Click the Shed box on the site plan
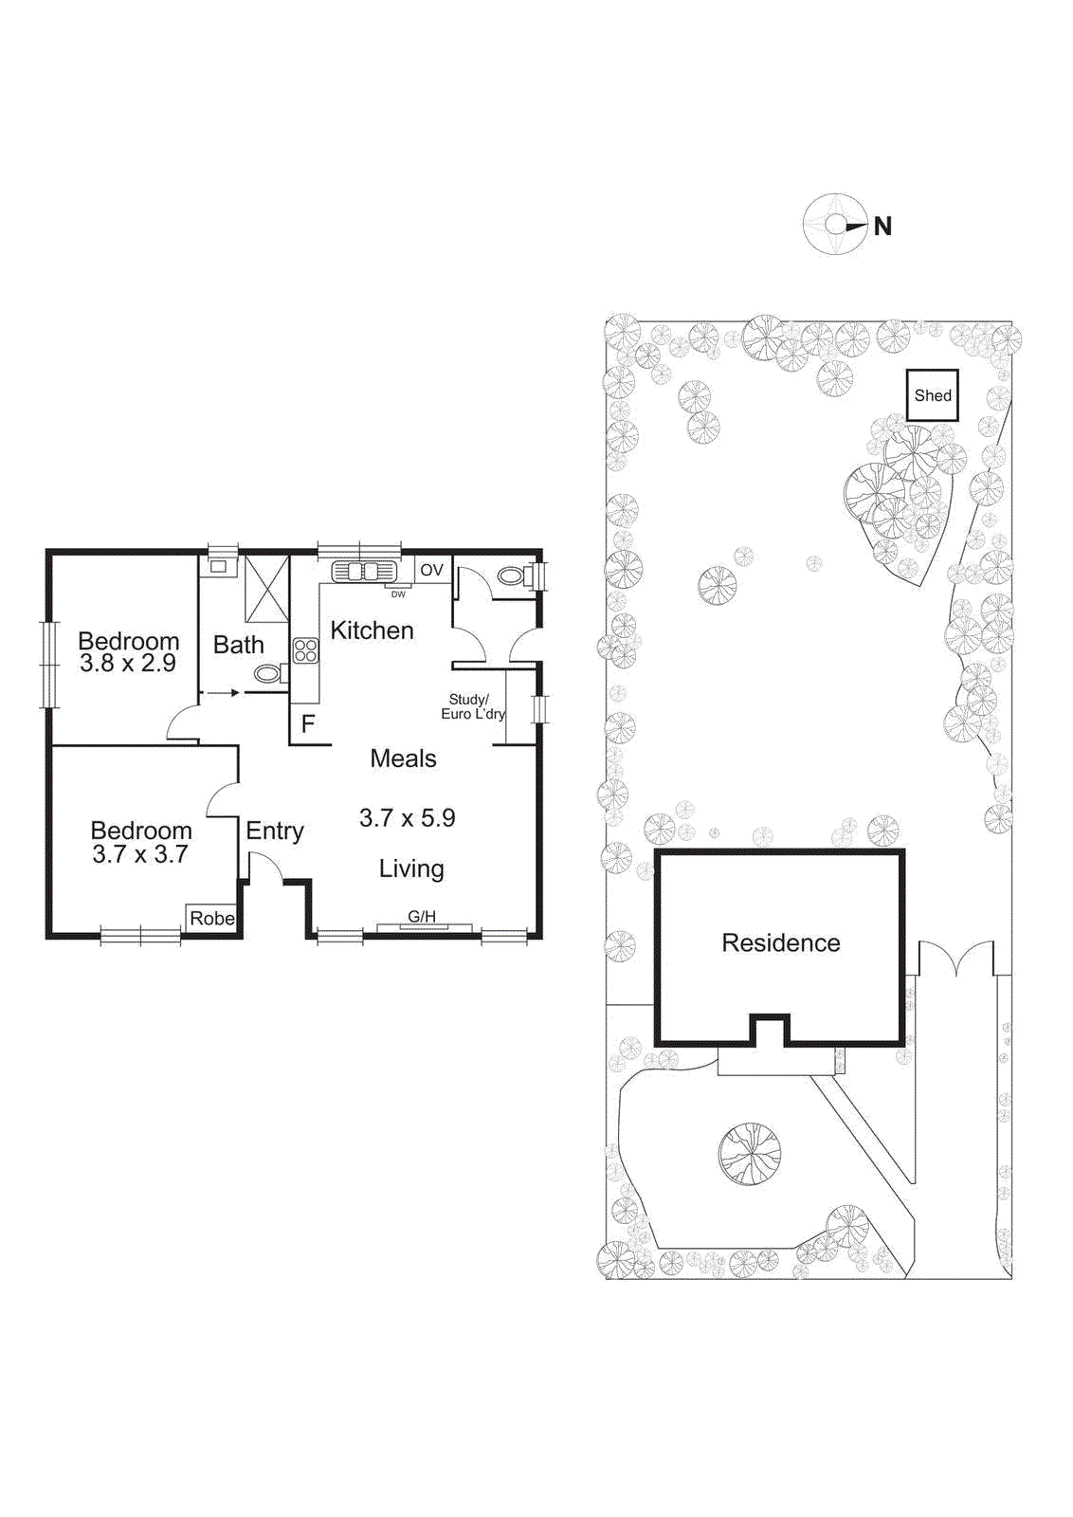point(933,395)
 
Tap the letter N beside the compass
point(882,227)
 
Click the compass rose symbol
point(834,225)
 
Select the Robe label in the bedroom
point(211,918)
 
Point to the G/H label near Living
point(422,917)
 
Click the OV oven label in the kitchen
point(431,570)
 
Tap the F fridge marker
point(307,724)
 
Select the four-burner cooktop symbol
point(305,650)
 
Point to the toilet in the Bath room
point(269,674)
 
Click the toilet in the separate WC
point(513,576)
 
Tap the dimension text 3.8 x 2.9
point(128,663)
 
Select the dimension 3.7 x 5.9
point(407,817)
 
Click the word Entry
point(275,831)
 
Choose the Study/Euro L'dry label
point(471,706)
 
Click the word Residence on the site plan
point(781,942)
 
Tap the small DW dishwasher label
point(398,594)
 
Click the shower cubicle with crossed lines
point(266,589)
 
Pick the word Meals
point(403,758)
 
